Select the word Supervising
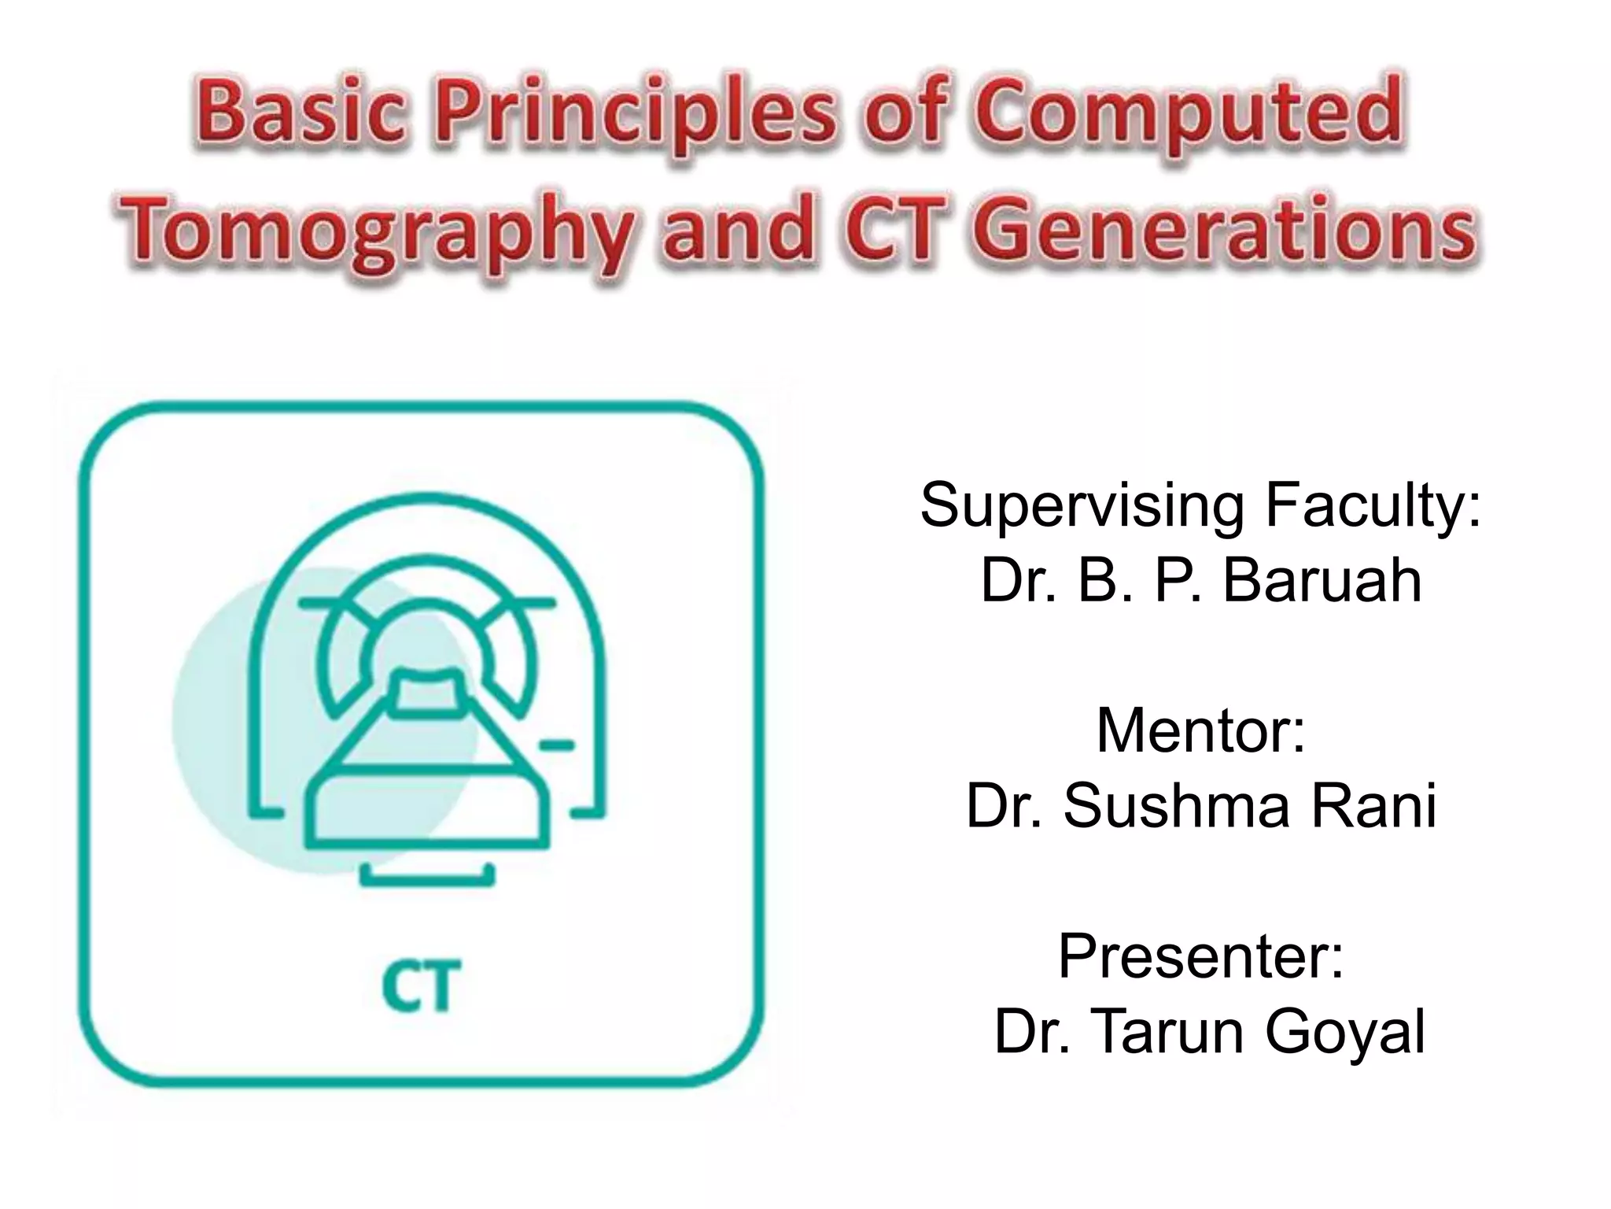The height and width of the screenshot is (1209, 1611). (1082, 506)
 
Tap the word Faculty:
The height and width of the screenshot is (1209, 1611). (1373, 506)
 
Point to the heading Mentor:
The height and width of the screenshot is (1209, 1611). (1200, 731)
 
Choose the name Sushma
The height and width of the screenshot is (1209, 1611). (1176, 806)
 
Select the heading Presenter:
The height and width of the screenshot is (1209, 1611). (1200, 956)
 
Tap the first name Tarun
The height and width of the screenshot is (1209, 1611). (1168, 1032)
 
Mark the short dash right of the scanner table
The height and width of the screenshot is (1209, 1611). (557, 745)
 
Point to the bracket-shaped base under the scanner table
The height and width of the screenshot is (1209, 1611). (427, 877)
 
